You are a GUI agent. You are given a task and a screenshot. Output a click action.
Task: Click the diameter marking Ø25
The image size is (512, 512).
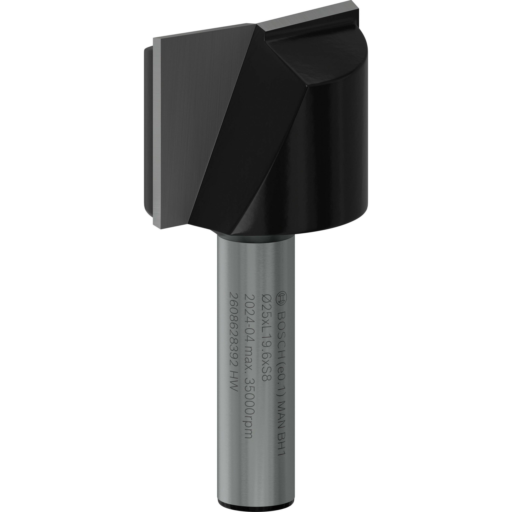pyautogui.click(x=266, y=302)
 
